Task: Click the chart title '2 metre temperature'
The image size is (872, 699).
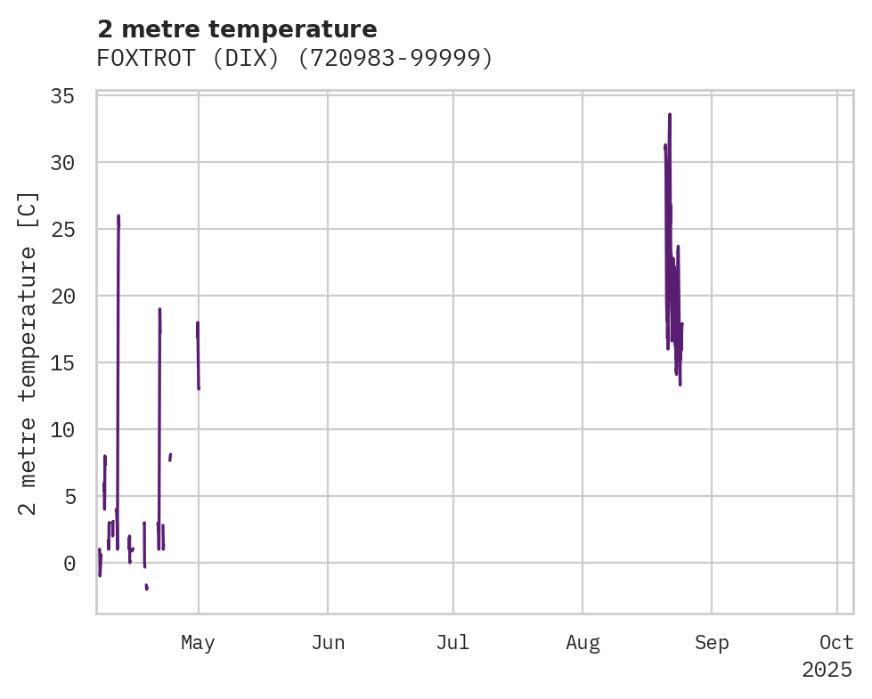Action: click(x=237, y=29)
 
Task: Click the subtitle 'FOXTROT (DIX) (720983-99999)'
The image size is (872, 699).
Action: click(x=295, y=58)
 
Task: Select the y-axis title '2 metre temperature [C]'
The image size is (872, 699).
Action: click(x=29, y=354)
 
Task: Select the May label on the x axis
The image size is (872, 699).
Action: click(x=198, y=643)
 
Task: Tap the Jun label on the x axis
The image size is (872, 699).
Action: click(x=328, y=643)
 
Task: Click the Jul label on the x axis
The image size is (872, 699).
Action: click(x=453, y=643)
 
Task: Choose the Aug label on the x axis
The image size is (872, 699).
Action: click(x=583, y=643)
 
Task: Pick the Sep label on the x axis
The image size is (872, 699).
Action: click(x=712, y=643)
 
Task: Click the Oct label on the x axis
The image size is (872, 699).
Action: click(x=837, y=643)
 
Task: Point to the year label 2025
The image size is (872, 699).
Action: click(x=827, y=670)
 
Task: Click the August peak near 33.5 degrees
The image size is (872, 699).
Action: click(x=669, y=115)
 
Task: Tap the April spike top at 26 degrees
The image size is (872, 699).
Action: click(x=118, y=216)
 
